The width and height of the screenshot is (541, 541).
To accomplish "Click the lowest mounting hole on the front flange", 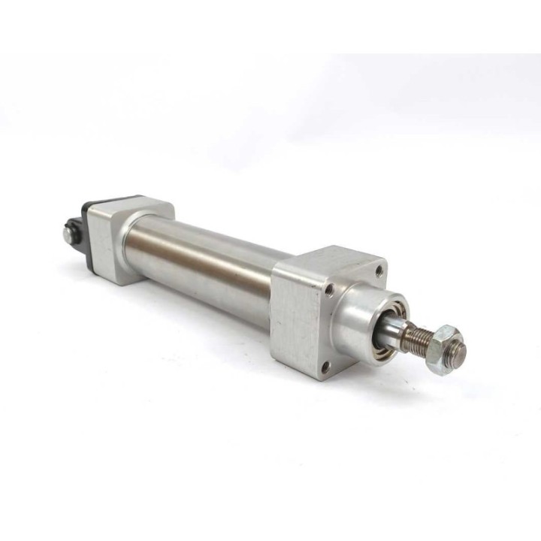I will tap(325, 367).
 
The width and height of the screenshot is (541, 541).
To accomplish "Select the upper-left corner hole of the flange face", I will tap(328, 286).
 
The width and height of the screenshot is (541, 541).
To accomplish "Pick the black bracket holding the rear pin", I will tap(74, 225).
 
